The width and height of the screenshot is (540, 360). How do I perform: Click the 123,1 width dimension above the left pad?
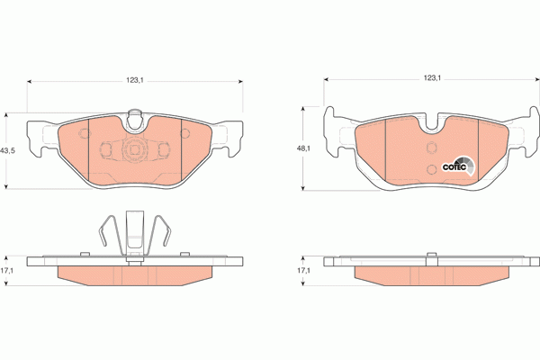(135, 80)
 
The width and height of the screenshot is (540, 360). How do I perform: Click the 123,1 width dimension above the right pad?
(431, 80)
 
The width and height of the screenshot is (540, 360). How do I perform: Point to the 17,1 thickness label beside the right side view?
(304, 270)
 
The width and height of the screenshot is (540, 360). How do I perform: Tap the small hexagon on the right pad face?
(430, 150)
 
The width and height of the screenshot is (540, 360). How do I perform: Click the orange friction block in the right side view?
(431, 274)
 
